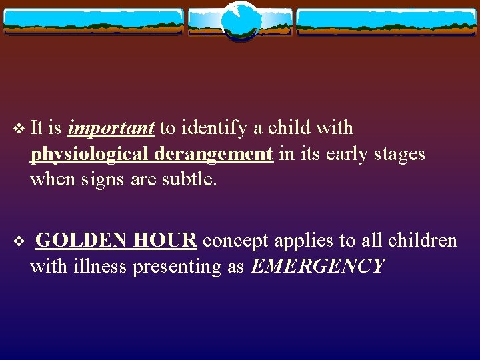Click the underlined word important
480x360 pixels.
(111, 128)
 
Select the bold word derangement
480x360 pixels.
(213, 154)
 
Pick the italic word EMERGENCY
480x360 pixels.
(318, 267)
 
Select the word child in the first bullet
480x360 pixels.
(291, 128)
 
